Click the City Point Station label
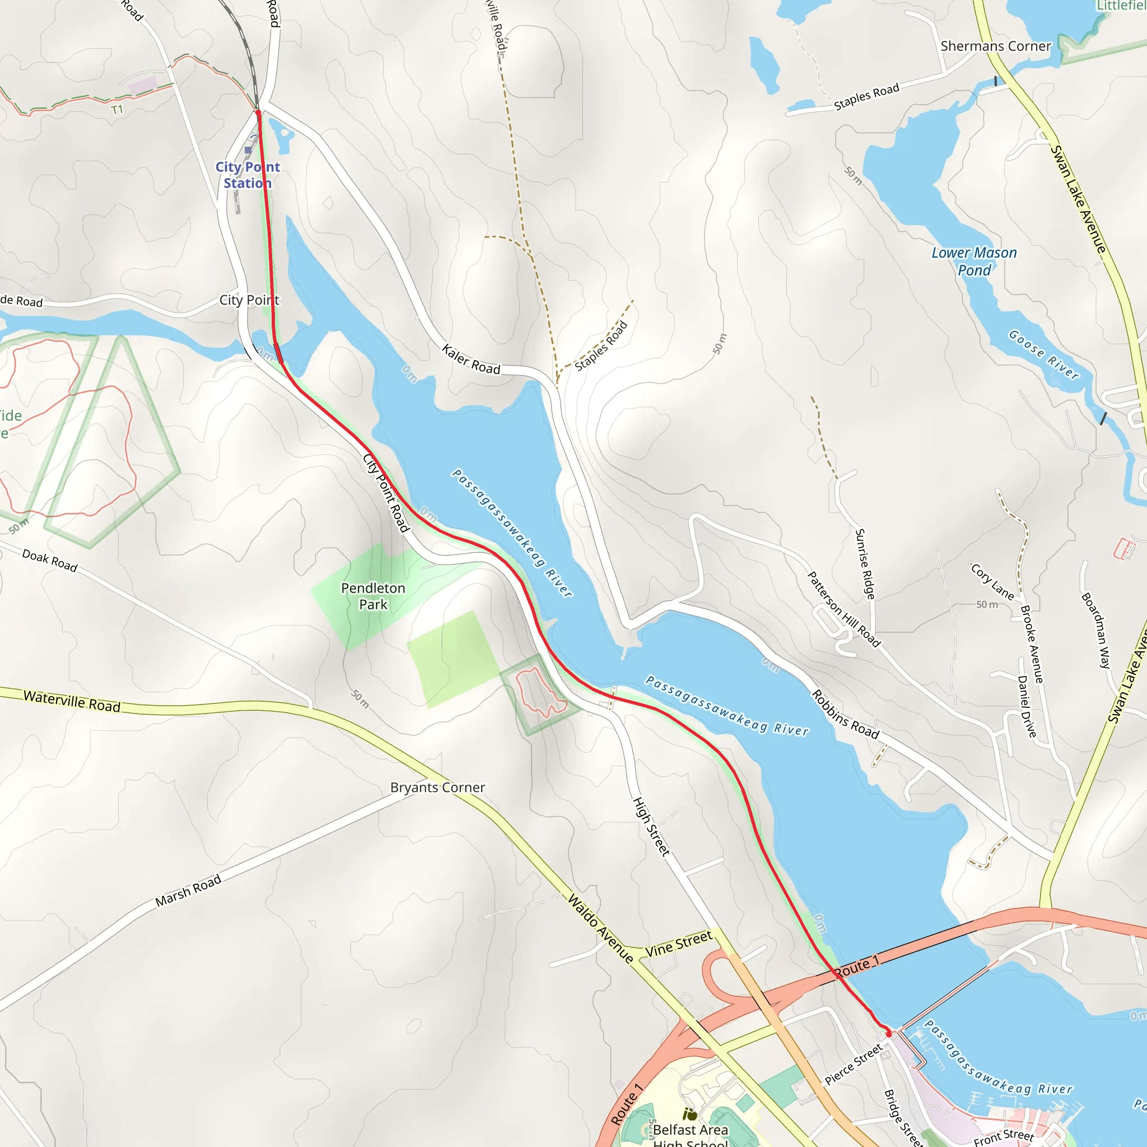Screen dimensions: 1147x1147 pos(248,175)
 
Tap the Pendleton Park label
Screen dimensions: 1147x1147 pos(373,596)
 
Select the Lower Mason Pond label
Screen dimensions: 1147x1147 pos(973,261)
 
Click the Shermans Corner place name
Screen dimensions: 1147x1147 pos(996,46)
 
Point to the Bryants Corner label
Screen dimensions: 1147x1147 pos(437,787)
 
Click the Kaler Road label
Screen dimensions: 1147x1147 pos(471,360)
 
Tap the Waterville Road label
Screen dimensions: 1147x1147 pos(72,701)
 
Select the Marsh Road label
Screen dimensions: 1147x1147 pos(188,890)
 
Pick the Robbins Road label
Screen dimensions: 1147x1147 pos(845,714)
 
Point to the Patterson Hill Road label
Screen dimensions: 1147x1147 pos(843,609)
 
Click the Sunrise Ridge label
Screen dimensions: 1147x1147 pos(864,564)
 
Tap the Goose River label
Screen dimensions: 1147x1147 pos(1043,355)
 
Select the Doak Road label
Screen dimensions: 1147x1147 pos(50,561)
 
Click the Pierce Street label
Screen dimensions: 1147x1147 pos(853,1066)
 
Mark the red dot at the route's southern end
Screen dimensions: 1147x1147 pos(888,1034)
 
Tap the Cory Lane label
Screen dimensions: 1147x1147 pos(992,581)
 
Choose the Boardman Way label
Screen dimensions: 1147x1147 pos(1095,631)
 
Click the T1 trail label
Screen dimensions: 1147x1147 pos(117,110)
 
